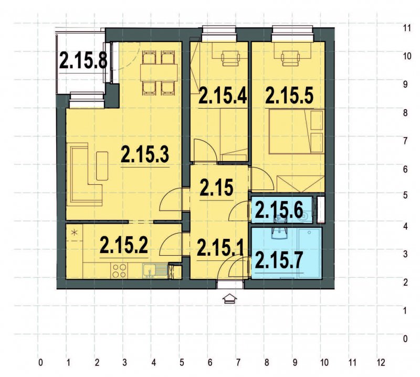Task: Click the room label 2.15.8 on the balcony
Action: point(83,60)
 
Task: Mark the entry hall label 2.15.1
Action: point(219,247)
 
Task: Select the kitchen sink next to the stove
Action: point(150,271)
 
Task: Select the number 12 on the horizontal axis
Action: point(381,362)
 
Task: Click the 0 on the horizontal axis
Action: point(40,362)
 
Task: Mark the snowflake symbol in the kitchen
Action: point(74,232)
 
